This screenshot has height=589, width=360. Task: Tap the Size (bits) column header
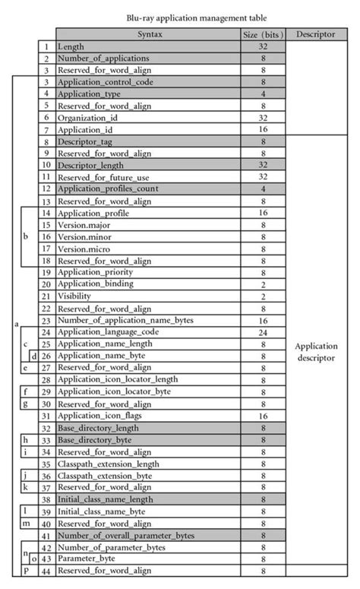(261, 34)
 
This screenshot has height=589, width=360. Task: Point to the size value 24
(261, 332)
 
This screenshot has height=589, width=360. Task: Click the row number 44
(46, 570)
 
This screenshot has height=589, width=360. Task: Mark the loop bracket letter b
(26, 236)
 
